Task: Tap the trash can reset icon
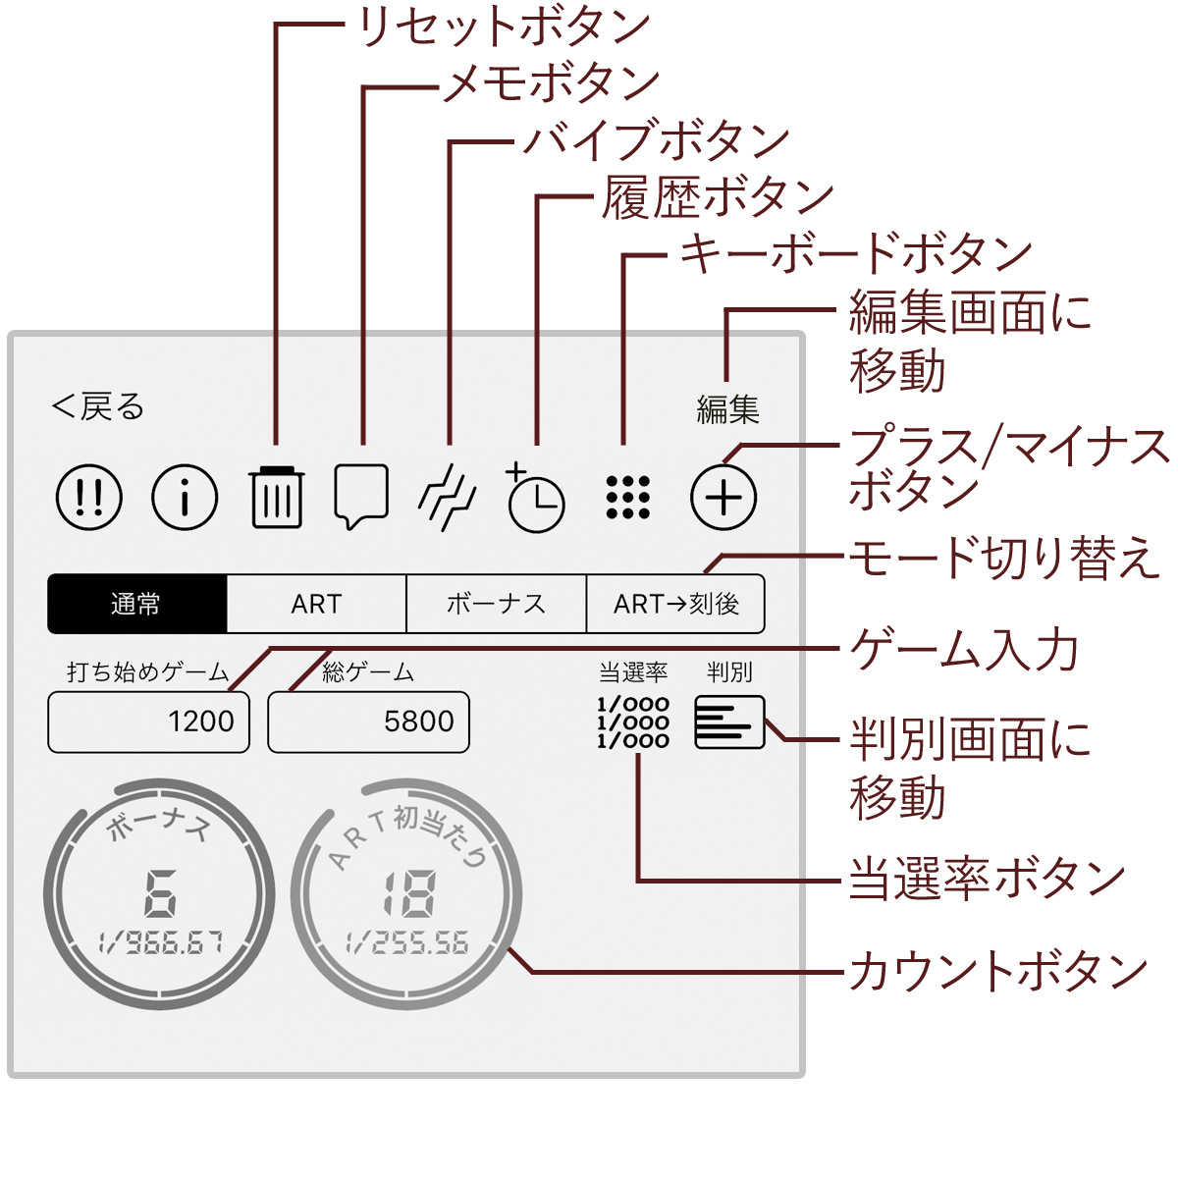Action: coord(276,497)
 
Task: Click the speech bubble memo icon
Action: coord(361,496)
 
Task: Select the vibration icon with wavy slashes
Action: coord(448,497)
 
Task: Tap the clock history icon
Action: coord(535,499)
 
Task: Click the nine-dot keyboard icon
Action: coord(627,497)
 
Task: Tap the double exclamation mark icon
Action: coord(89,497)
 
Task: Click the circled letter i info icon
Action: coord(185,497)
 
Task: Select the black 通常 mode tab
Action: coord(137,604)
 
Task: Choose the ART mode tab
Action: coord(316,604)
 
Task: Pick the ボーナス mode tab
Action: coord(496,604)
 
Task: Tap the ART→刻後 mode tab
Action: coord(675,604)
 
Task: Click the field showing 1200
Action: coord(148,723)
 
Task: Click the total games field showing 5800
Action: coord(368,723)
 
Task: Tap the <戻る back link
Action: coord(98,406)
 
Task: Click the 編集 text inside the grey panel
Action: coord(727,408)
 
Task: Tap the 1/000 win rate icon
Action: coord(633,723)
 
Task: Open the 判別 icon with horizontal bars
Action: coord(728,723)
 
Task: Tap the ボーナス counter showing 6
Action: coord(159,893)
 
